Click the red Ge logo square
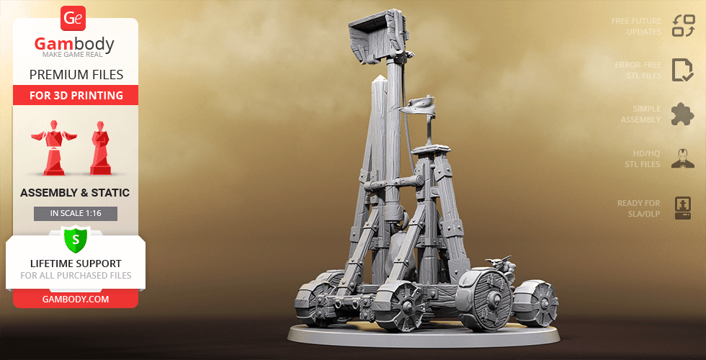click(74, 17)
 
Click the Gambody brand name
click(74, 45)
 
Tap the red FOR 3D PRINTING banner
click(76, 95)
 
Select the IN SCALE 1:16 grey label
click(76, 213)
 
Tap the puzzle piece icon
click(682, 114)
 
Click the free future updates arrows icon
click(682, 26)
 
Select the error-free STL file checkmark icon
click(682, 70)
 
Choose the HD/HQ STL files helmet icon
click(682, 158)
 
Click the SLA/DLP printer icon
click(682, 207)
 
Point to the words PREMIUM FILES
click(76, 74)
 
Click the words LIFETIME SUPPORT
click(76, 264)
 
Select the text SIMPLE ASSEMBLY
click(641, 114)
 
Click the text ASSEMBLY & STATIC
click(76, 192)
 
